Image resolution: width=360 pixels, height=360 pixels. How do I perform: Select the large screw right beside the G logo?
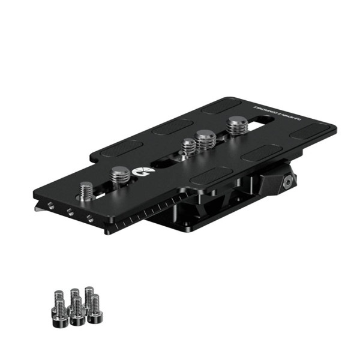coord(120,175)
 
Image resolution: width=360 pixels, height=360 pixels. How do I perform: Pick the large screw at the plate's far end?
coord(236,127)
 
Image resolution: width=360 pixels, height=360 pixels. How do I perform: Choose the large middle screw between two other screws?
coord(206,139)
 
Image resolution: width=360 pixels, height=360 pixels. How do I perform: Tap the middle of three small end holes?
coord(70,211)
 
